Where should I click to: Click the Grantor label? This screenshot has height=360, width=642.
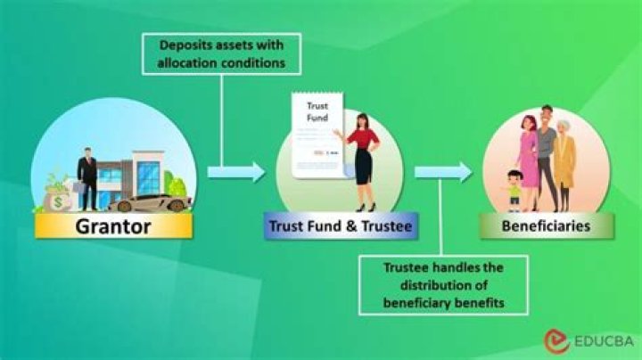[x=112, y=225]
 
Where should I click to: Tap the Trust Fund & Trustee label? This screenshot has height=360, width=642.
[x=341, y=226]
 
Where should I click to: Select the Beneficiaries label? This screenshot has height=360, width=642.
[x=546, y=226]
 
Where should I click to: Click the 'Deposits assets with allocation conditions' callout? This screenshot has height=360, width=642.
[x=221, y=53]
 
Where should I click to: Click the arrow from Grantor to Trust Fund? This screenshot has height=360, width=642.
[x=236, y=171]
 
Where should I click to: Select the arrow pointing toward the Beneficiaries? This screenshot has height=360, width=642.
[x=443, y=171]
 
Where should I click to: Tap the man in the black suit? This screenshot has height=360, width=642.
[x=86, y=175]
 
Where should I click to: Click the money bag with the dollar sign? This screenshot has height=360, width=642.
[x=59, y=197]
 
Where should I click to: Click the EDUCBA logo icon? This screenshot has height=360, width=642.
[x=555, y=340]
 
